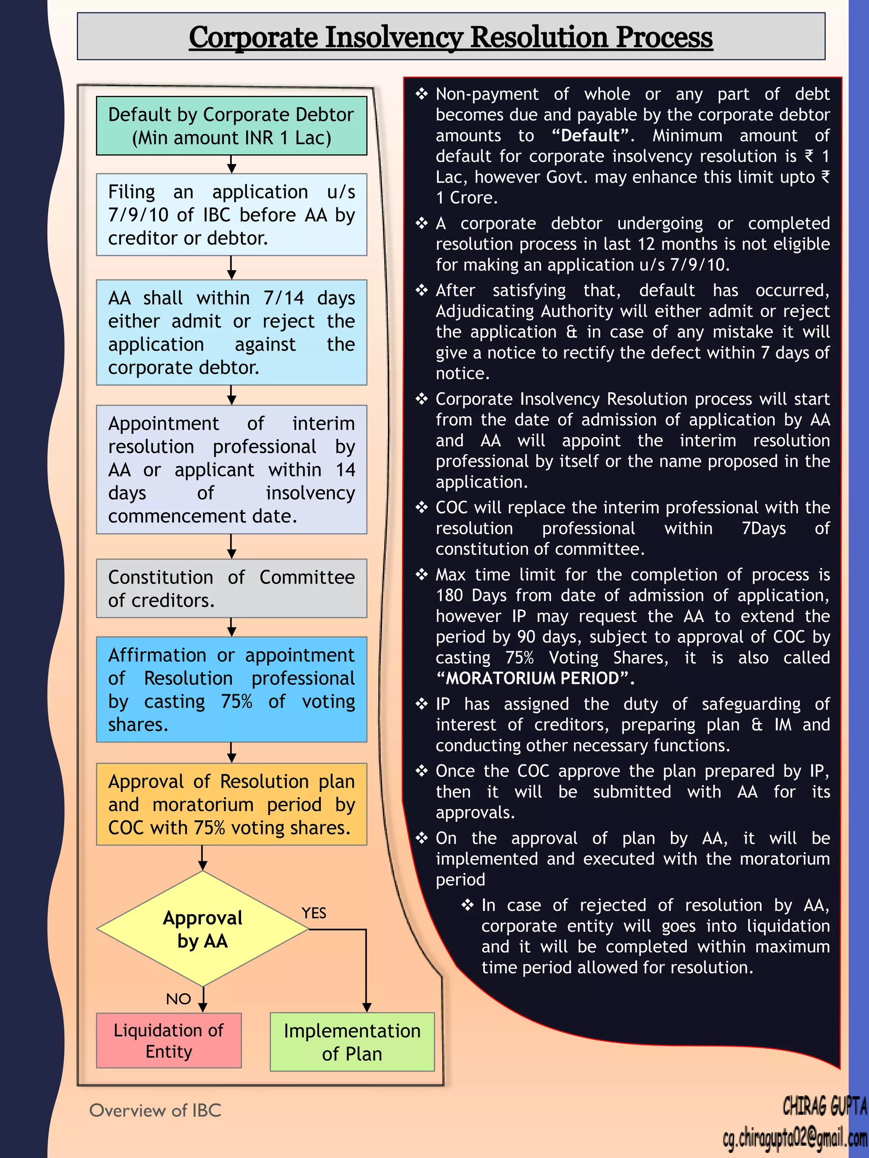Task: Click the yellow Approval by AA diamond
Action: pyautogui.click(x=202, y=929)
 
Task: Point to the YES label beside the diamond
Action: pyautogui.click(x=314, y=913)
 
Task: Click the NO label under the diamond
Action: pyautogui.click(x=178, y=999)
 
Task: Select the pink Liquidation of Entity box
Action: pyautogui.click(x=169, y=1041)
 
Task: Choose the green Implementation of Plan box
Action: pyautogui.click(x=352, y=1042)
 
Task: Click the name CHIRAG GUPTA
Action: pyautogui.click(x=824, y=1107)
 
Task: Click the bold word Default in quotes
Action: pyautogui.click(x=590, y=136)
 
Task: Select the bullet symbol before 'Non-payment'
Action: pyautogui.click(x=422, y=94)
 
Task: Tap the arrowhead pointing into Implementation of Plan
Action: pyautogui.click(x=367, y=1007)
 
